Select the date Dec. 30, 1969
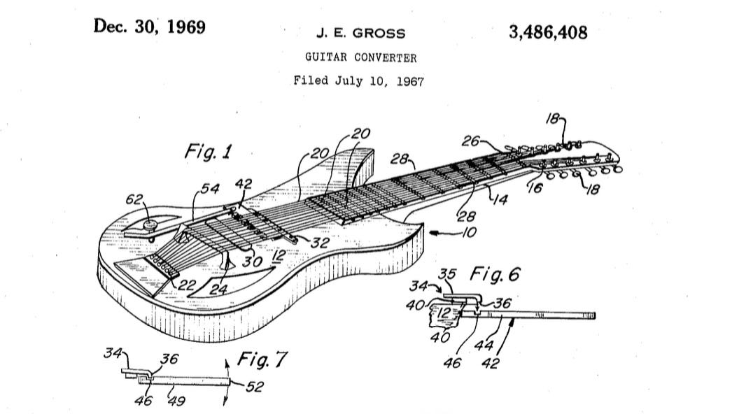pyautogui.click(x=149, y=27)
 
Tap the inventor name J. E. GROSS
pyautogui.click(x=361, y=34)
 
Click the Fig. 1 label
pyautogui.click(x=209, y=151)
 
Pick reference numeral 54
pyautogui.click(x=211, y=189)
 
